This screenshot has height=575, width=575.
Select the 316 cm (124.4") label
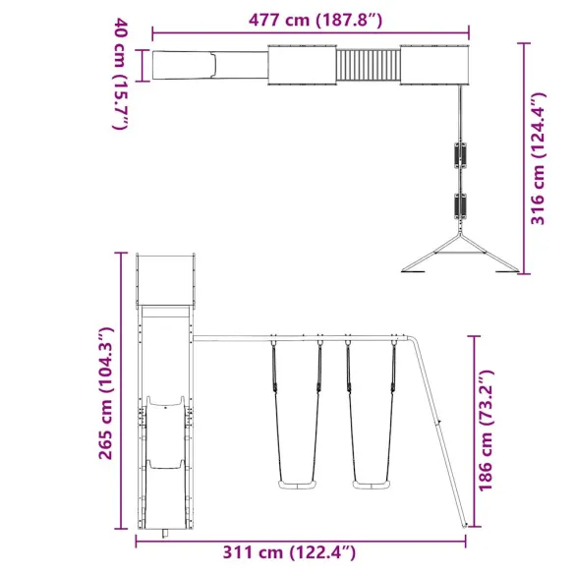537,160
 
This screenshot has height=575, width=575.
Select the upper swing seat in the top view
457,155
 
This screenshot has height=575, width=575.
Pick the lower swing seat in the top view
457,207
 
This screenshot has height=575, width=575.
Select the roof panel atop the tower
168,279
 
